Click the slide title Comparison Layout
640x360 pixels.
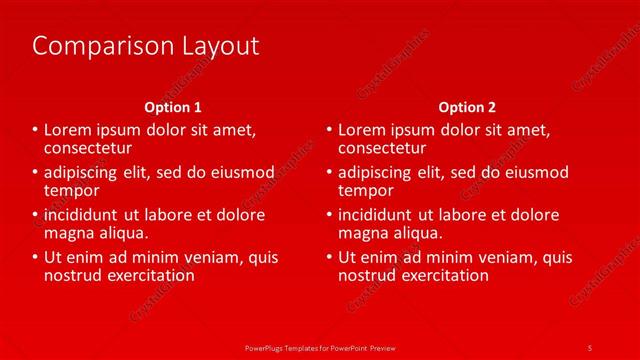pos(146,46)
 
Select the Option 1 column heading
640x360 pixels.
pos(173,107)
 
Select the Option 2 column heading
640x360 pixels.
pos(466,107)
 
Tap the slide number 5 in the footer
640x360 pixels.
pos(590,346)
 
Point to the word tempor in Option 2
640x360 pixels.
pos(366,190)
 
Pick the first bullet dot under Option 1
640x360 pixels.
pos(35,130)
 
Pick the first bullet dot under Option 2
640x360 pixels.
pos(329,130)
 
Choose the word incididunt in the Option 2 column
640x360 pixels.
pos(377,215)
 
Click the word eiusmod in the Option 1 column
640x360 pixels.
pos(241,172)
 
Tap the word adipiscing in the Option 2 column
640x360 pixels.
pos(377,172)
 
